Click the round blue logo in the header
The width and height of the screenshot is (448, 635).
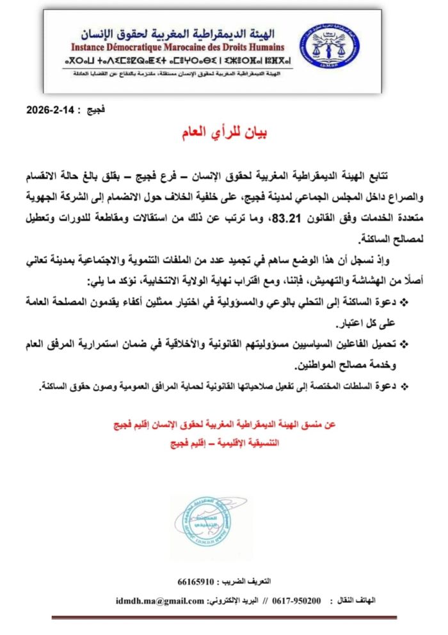coord(330,49)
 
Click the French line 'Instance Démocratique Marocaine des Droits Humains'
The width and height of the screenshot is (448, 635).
coord(176,47)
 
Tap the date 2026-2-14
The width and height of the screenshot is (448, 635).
coord(51,109)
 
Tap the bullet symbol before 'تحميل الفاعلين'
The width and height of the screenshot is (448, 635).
coord(404,345)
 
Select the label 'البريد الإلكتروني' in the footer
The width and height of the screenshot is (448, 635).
coord(235,601)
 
